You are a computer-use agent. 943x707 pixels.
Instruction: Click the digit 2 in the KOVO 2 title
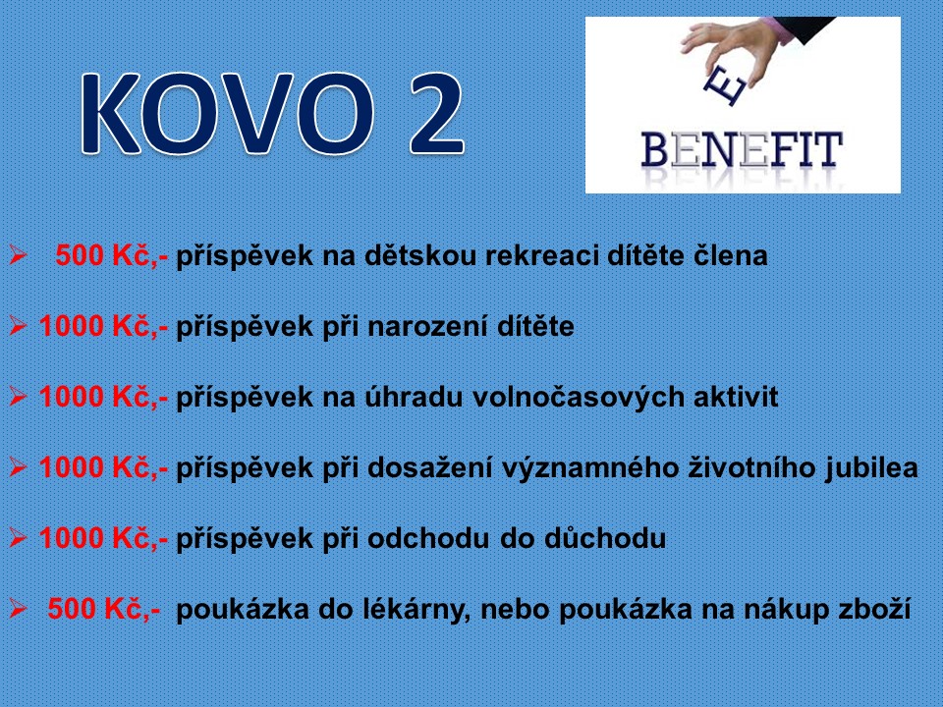[x=436, y=114]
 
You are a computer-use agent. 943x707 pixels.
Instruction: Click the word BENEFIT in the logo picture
[x=742, y=149]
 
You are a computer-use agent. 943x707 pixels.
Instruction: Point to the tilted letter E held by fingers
[x=725, y=86]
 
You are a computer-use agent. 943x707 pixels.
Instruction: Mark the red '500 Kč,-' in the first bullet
[x=112, y=256]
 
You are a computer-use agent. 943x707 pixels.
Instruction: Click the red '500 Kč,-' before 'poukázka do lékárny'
[x=104, y=610]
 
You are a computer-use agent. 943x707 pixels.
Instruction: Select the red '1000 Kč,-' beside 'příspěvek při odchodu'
[x=103, y=539]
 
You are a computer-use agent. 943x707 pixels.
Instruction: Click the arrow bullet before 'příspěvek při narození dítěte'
[x=18, y=327]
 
